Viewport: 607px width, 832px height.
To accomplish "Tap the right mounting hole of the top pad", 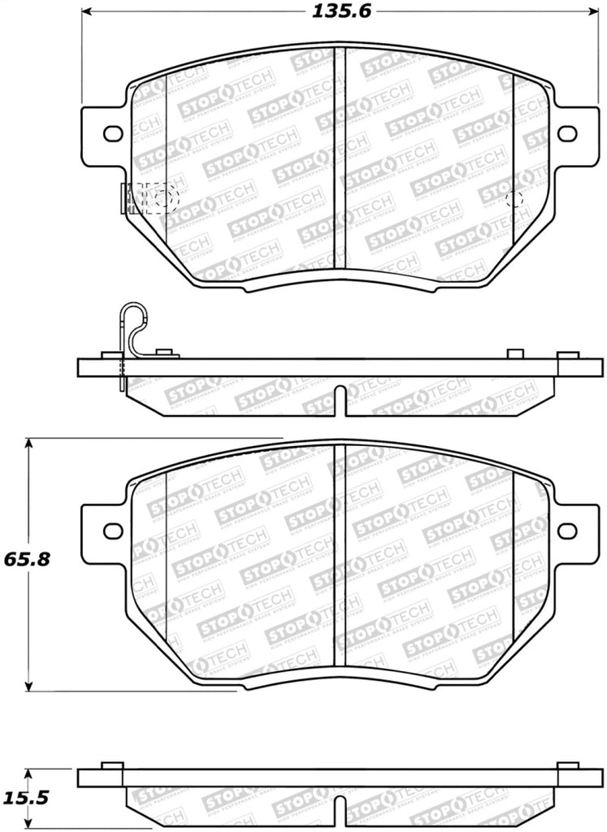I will [x=566, y=132].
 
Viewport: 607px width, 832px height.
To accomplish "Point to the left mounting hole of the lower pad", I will [x=112, y=531].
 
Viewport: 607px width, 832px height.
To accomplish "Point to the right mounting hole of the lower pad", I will [x=566, y=531].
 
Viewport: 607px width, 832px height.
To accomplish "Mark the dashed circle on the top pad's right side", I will [x=514, y=198].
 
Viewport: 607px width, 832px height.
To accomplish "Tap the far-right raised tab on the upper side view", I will [x=567, y=354].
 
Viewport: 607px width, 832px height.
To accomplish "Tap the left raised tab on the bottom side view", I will [x=111, y=765].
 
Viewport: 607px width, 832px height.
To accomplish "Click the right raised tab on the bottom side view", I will [x=567, y=765].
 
